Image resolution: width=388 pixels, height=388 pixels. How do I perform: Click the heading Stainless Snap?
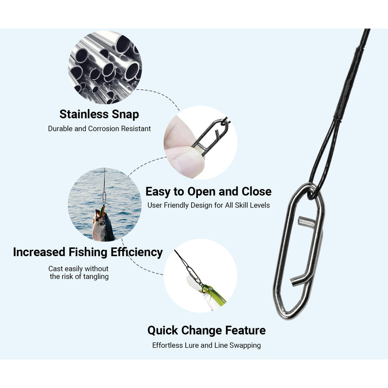tap(99, 114)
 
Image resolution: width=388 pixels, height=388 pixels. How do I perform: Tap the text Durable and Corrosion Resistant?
tap(99, 129)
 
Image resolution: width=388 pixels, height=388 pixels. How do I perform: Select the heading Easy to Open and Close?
tap(208, 191)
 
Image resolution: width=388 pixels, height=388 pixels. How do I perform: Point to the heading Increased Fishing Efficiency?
tap(88, 252)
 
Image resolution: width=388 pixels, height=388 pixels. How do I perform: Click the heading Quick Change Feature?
tap(207, 330)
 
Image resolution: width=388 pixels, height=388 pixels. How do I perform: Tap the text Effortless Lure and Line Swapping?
tap(207, 345)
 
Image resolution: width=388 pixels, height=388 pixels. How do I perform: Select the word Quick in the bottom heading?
tap(163, 330)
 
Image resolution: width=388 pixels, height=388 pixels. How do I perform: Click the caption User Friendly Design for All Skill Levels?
tap(208, 205)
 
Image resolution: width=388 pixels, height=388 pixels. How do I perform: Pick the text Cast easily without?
tap(79, 268)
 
